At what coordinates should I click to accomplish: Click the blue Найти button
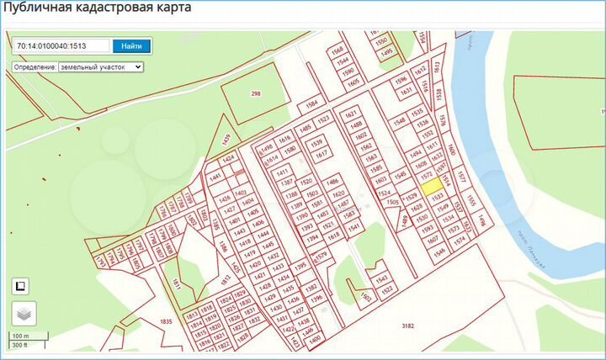click(131, 45)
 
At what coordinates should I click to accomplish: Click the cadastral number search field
click(61, 45)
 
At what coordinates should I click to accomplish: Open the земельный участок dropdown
click(101, 66)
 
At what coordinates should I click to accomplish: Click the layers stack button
click(24, 315)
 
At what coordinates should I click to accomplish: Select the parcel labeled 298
click(256, 93)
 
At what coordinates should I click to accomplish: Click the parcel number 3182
click(409, 325)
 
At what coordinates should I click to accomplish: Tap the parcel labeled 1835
click(165, 321)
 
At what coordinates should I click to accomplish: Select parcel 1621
click(352, 114)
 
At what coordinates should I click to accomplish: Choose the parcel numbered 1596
click(401, 82)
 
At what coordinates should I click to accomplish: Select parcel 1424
click(227, 158)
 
